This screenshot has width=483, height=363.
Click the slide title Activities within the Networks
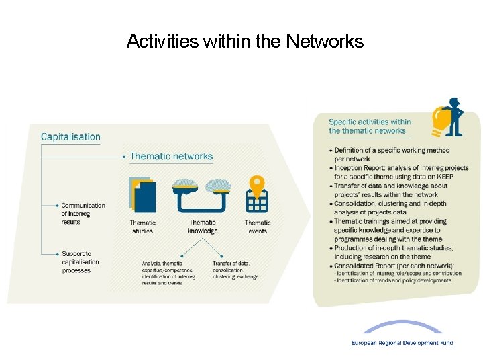point(245,42)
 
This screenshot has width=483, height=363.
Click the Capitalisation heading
point(70,137)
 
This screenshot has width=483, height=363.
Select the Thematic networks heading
point(171,156)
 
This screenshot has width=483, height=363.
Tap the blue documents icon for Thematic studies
point(142,195)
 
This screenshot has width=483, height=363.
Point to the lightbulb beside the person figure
point(441,120)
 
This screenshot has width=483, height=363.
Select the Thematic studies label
point(142,227)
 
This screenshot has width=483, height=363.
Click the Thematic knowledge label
point(202,227)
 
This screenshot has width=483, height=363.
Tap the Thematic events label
point(258,227)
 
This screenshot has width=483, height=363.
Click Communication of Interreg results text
point(83,213)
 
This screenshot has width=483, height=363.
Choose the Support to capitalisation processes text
point(80,262)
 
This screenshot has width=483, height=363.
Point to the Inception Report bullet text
point(401,172)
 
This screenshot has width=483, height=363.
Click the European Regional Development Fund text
point(402,343)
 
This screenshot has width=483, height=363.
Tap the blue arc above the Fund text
point(402,326)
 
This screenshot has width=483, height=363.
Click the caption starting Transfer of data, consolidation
point(235,270)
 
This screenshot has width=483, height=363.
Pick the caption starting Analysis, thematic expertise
point(168,273)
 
